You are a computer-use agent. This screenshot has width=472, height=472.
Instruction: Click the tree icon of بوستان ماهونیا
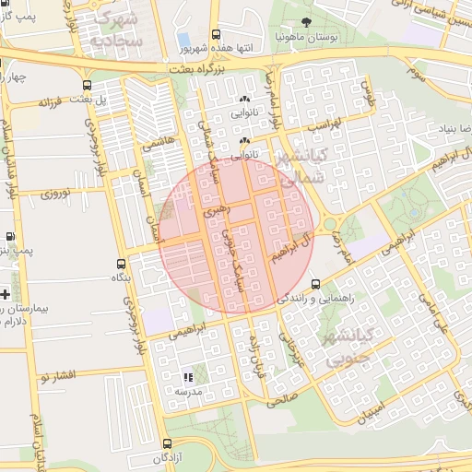pos(305,22)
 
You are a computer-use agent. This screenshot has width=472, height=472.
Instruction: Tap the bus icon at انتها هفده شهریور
pos(216,34)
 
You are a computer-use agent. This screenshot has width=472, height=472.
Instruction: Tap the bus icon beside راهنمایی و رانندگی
pos(316,284)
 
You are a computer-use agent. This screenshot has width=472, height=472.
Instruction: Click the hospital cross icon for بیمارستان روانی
pos(6,295)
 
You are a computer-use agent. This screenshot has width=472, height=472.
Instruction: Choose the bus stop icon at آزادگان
pos(165,443)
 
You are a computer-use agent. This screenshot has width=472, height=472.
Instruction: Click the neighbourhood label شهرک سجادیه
pos(118,29)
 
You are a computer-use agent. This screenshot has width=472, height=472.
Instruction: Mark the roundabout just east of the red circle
pos(327,224)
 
